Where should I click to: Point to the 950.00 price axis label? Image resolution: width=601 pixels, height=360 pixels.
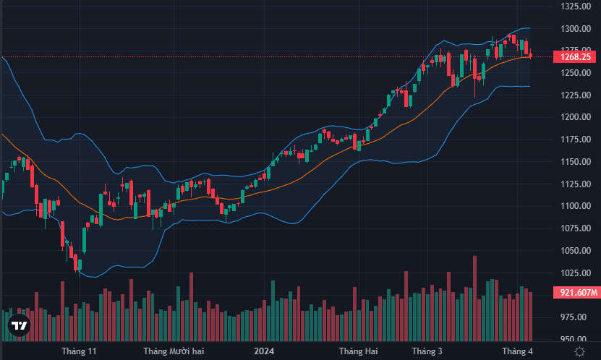pos(578,339)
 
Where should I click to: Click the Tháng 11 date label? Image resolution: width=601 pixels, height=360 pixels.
pos(79,351)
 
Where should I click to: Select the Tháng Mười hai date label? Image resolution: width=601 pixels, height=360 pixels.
pos(174,351)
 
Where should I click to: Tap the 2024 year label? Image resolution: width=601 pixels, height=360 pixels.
pos(263,351)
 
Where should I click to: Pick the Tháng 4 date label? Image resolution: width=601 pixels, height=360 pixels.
pos(517,351)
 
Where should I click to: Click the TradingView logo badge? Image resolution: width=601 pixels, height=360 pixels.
pos(20,327)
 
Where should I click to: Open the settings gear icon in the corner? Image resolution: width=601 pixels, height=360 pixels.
pos(579,351)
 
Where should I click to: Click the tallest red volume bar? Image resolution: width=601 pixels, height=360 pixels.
pos(474,296)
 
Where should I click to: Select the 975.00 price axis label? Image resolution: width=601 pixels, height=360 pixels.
pos(578,317)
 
